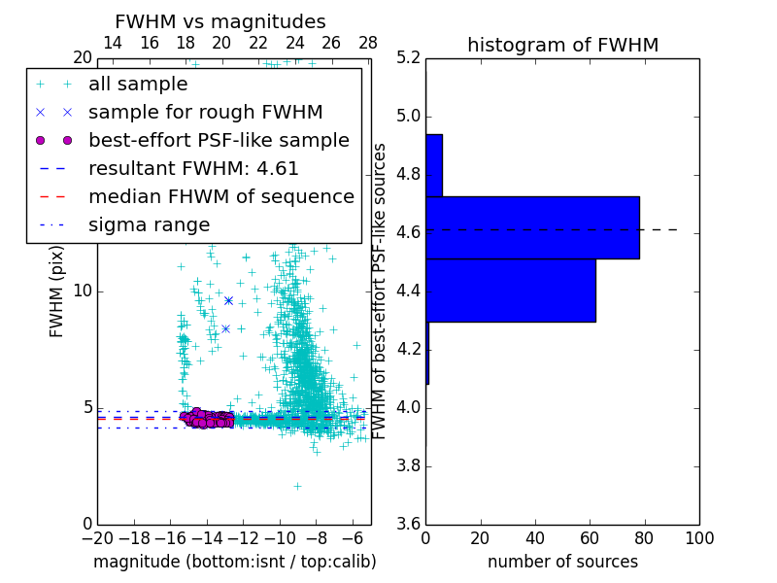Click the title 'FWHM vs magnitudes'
[220, 21]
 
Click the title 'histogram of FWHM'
[562, 45]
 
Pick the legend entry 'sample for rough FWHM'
[205, 112]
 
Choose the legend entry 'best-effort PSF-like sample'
[219, 140]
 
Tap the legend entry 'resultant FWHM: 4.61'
[193, 168]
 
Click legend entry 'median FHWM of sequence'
[220, 196]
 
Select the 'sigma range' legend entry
[149, 224]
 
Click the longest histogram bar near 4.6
[532, 227]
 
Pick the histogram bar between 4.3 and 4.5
[510, 290]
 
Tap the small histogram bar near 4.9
[434, 165]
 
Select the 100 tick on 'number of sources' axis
[699, 537]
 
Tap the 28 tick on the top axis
[368, 44]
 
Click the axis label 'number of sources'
[562, 562]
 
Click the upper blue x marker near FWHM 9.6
[228, 300]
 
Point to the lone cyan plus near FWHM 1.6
[297, 486]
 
